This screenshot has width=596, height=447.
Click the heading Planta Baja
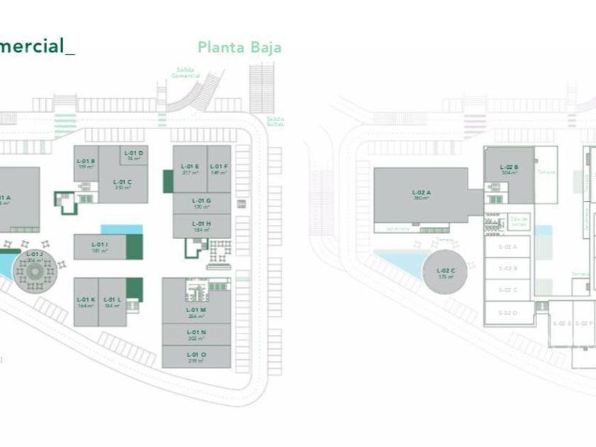point(239,48)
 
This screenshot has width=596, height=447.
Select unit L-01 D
point(134,155)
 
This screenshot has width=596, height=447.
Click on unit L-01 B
point(86,164)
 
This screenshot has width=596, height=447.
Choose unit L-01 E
point(190,169)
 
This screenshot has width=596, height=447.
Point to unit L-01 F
point(219,169)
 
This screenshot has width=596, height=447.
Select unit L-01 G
point(202,203)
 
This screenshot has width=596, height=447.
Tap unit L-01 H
point(202,226)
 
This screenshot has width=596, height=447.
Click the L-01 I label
point(99,247)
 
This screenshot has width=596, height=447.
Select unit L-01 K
point(86,302)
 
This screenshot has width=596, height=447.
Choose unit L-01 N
point(196,335)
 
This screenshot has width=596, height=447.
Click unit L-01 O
point(196,357)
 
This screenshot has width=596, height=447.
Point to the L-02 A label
point(421,194)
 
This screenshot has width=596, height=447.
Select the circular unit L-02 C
point(446,273)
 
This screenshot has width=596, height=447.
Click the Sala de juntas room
point(519,222)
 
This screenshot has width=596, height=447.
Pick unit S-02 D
point(507,313)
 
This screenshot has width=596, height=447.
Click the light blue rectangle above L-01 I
point(121,229)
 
